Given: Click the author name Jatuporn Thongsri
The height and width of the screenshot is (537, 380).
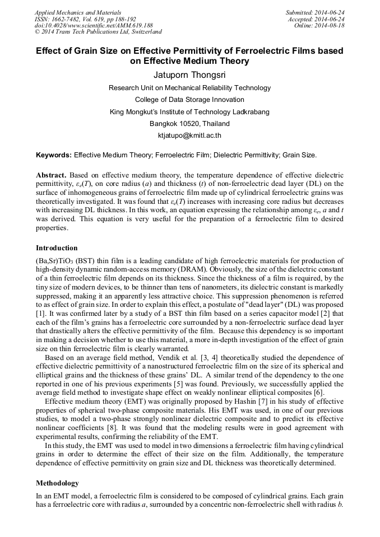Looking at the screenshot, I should tap(189, 75).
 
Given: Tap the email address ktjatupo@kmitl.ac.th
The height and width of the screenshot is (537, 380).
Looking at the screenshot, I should tap(189, 136).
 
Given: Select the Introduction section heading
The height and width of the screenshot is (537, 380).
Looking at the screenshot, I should tap(57, 248).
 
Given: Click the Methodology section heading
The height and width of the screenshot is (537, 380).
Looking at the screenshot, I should tap(57, 483).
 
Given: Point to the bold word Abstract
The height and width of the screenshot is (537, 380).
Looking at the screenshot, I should tap(51, 175).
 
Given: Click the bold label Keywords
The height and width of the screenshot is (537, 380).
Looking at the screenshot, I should tap(54, 155).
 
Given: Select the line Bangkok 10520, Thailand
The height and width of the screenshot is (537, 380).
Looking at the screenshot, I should tap(189, 124).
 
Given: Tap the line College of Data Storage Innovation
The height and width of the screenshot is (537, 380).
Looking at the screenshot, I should tap(189, 100).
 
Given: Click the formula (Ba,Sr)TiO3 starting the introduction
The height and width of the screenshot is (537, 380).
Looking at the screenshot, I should tap(54, 262).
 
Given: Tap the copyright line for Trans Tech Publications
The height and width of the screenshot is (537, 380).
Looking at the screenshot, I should tap(98, 32).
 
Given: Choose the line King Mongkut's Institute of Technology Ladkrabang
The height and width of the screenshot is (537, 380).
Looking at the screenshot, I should tap(189, 112).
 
